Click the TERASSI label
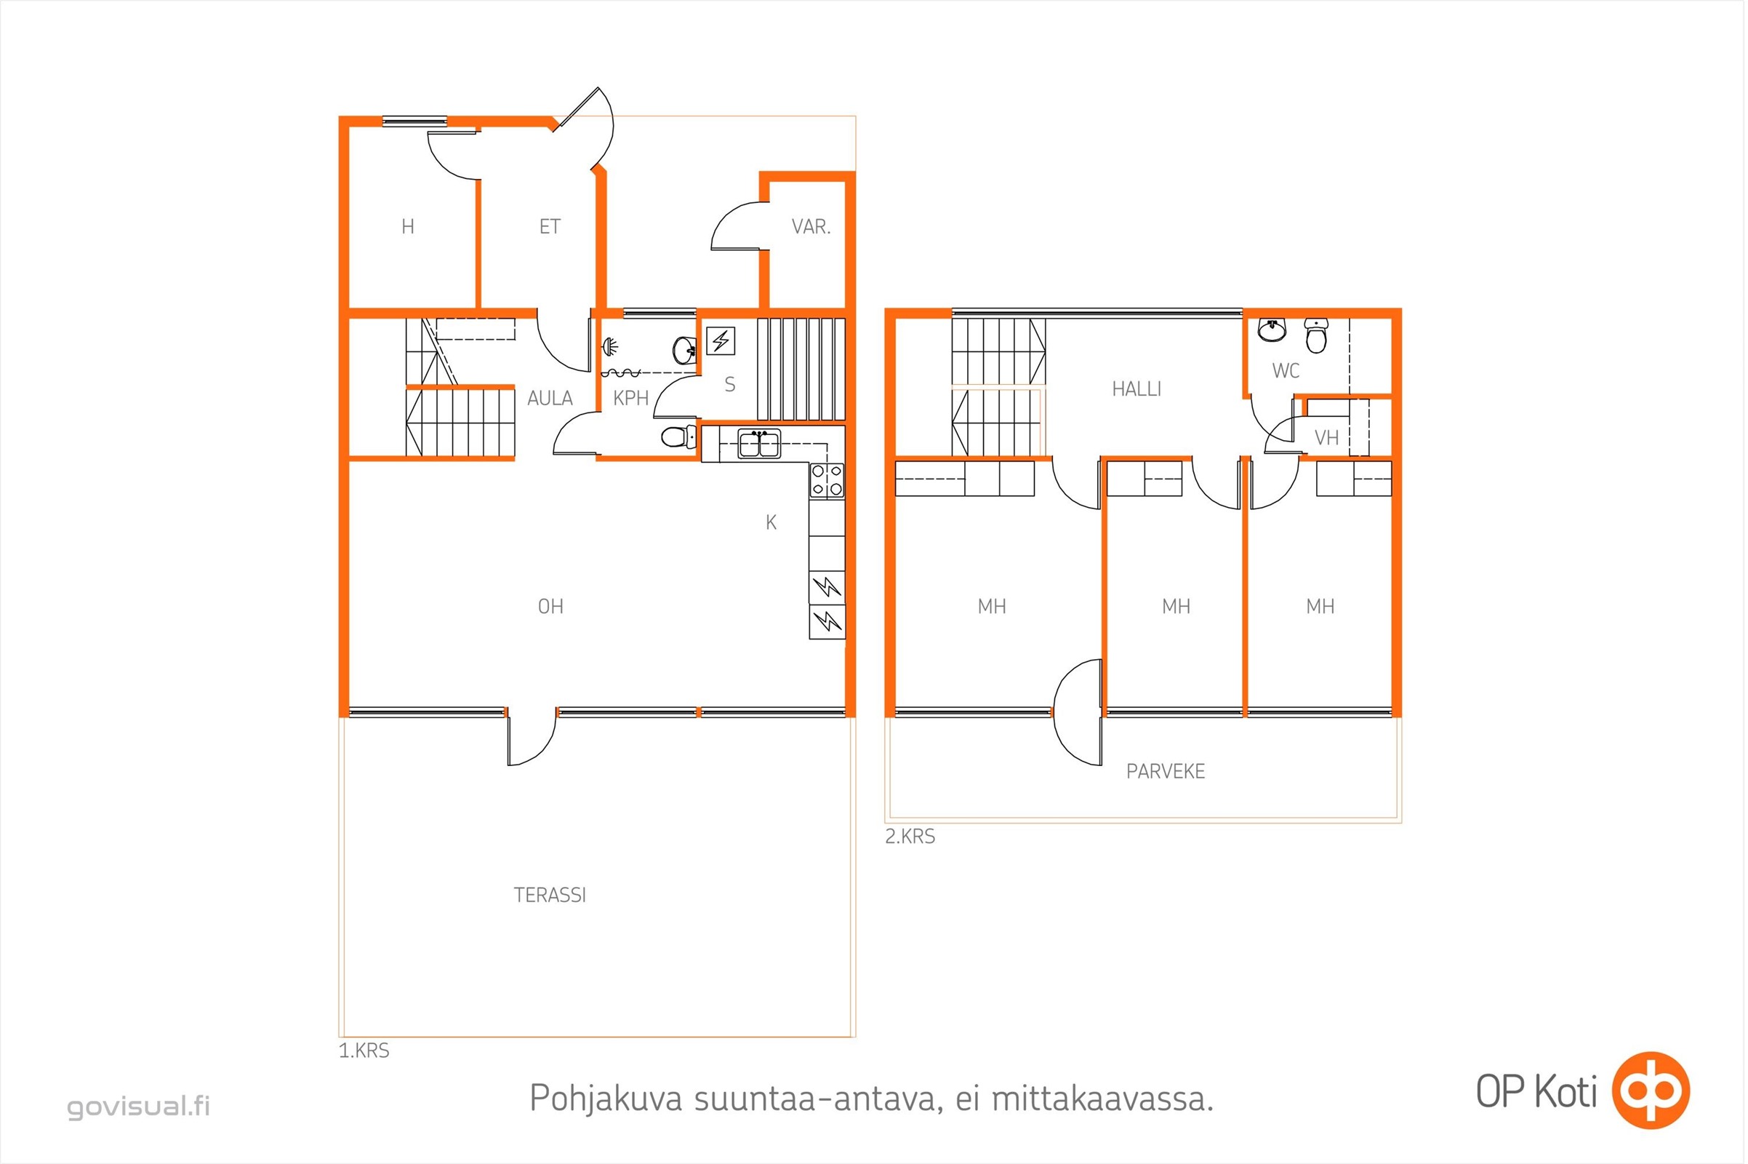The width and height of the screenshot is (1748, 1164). click(550, 896)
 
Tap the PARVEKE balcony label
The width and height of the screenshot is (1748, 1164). click(1166, 772)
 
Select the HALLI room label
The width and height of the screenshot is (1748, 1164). click(1136, 389)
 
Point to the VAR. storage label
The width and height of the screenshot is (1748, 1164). click(811, 227)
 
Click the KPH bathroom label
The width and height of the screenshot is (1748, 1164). click(630, 399)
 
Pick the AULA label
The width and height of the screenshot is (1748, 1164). click(550, 399)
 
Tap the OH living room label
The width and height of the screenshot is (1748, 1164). click(550, 607)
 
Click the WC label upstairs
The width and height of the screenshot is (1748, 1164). click(1286, 370)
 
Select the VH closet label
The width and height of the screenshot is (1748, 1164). click(1326, 438)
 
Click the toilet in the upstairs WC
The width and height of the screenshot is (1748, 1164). click(1315, 336)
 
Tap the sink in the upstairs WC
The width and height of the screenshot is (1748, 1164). click(1272, 330)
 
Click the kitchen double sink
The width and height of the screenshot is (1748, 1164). click(759, 444)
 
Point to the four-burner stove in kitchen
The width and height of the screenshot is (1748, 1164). click(827, 479)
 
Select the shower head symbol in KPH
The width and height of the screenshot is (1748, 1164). click(609, 346)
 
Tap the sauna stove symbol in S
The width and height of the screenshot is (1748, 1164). click(720, 340)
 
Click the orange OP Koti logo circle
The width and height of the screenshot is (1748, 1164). click(1651, 1091)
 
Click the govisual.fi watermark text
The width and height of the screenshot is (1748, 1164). click(139, 1107)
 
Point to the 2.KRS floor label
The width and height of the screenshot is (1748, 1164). click(910, 837)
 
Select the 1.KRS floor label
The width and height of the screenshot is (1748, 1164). click(364, 1051)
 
